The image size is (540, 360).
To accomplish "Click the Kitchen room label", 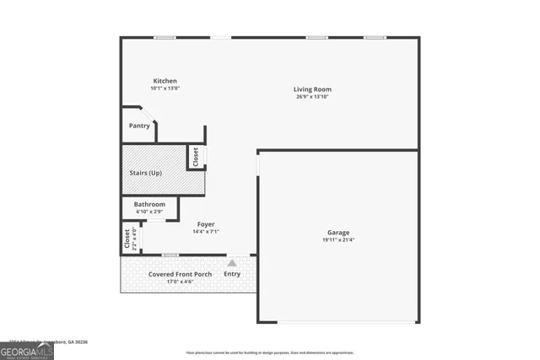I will pyautogui.click(x=165, y=81).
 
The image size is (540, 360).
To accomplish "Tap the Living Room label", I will pyautogui.click(x=312, y=89).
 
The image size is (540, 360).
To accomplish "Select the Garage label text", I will pyautogui.click(x=338, y=233).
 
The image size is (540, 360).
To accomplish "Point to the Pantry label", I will pyautogui.click(x=139, y=126).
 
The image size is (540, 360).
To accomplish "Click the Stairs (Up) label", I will pyautogui.click(x=146, y=173).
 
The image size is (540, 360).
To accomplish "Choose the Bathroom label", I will pyautogui.click(x=150, y=204).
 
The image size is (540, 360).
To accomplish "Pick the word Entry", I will pyautogui.click(x=232, y=274).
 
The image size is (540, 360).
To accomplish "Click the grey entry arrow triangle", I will pyautogui.click(x=232, y=263).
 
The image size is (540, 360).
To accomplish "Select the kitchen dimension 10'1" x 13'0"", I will pyautogui.click(x=165, y=89).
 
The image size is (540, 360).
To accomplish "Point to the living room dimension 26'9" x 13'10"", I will pyautogui.click(x=312, y=97).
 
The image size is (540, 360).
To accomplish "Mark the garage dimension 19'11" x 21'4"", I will pyautogui.click(x=338, y=240).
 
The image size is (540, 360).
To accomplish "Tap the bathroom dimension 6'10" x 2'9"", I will pyautogui.click(x=150, y=212).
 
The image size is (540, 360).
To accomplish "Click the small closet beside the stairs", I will pyautogui.click(x=196, y=157).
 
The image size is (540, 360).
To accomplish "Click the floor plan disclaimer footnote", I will pyautogui.click(x=270, y=352).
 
